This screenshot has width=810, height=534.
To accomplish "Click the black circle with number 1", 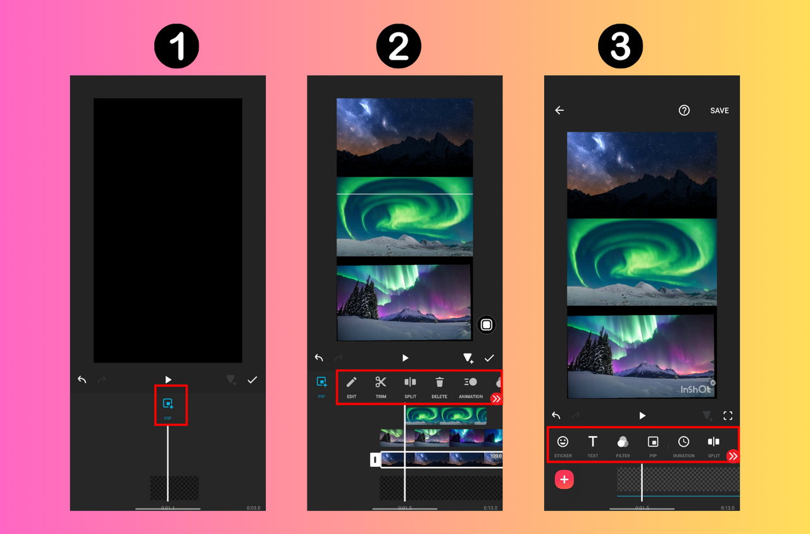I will tap(177, 46).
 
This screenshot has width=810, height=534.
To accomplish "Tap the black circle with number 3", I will tap(620, 46).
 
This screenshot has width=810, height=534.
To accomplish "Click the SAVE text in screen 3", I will tap(720, 110).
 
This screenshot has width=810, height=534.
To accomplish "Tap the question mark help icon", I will tap(684, 110).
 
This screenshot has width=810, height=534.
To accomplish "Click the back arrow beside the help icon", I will tap(559, 110).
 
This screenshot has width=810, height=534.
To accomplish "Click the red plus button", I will tap(564, 480).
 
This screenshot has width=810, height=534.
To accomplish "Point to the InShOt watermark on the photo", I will tap(695, 390).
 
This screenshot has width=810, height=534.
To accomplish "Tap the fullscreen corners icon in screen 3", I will tap(728, 416).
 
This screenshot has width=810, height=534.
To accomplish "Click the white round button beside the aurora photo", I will tap(486, 325).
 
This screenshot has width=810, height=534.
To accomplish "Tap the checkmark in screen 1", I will tap(252, 380).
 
